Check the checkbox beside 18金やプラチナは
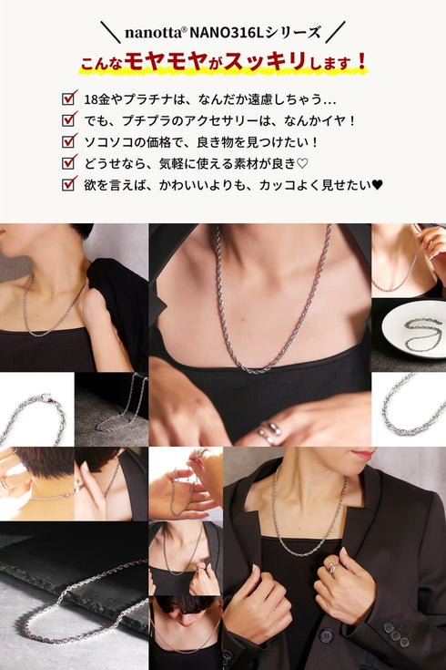pyautogui.click(x=67, y=98)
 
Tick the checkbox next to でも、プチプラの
pyautogui.click(x=67, y=119)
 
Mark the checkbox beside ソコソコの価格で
pyautogui.click(x=67, y=141)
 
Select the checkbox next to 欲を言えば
pyautogui.click(x=67, y=184)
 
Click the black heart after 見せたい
pyautogui.click(x=377, y=184)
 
